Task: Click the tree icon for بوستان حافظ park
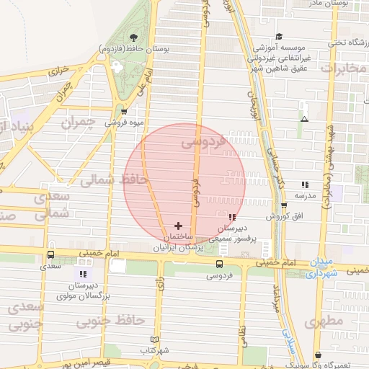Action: click(x=133, y=37)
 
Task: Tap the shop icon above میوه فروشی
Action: click(x=124, y=111)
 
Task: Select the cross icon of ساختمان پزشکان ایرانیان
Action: click(x=178, y=226)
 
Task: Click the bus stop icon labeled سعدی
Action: click(x=50, y=254)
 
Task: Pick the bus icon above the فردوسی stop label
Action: click(x=219, y=264)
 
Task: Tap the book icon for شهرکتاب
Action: click(x=154, y=339)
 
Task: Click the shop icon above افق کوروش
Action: click(x=284, y=205)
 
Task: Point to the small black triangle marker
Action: click(x=304, y=119)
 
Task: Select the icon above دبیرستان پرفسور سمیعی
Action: click(x=231, y=217)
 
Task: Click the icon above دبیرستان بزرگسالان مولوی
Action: click(x=83, y=274)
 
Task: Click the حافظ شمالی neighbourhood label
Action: click(x=115, y=180)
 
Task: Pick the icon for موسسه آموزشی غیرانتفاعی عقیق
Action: click(x=279, y=37)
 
